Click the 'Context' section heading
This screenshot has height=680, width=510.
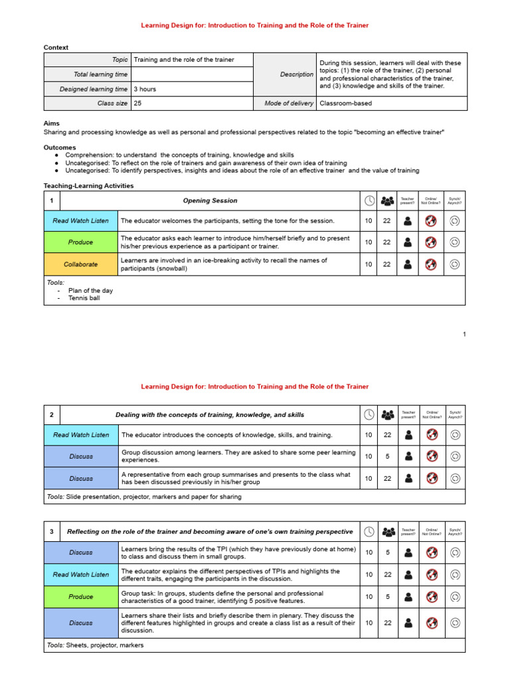click(56, 48)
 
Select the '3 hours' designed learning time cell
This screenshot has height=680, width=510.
click(145, 89)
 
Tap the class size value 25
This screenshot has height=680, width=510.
click(137, 104)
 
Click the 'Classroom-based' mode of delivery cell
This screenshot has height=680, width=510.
click(345, 104)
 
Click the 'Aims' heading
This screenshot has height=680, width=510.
click(51, 124)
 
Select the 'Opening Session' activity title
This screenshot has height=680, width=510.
click(210, 201)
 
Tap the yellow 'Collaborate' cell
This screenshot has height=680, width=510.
click(80, 264)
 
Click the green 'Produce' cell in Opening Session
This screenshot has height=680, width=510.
click(80, 242)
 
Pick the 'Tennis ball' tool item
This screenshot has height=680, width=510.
click(84, 298)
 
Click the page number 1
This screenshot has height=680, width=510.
click(464, 334)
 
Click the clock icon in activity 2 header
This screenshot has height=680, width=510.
click(369, 415)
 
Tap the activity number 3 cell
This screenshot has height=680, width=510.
click(52, 532)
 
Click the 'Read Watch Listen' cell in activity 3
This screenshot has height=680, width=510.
click(80, 574)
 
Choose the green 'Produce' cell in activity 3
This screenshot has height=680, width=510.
click(80, 597)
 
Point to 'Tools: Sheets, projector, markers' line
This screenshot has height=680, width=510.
click(95, 645)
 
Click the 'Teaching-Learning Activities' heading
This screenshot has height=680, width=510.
click(88, 186)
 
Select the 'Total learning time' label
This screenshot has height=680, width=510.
click(100, 74)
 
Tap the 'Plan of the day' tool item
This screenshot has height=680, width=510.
click(90, 290)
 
